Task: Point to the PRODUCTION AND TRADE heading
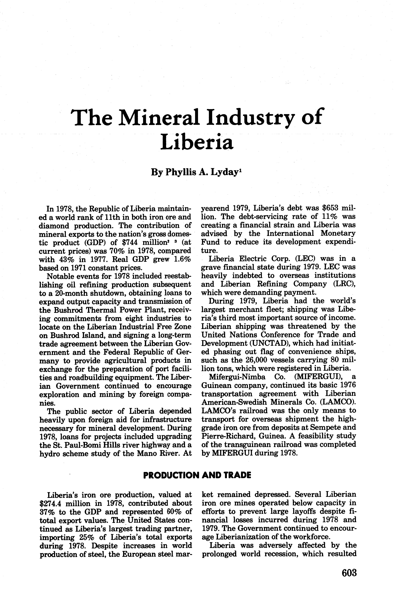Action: (197, 475)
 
